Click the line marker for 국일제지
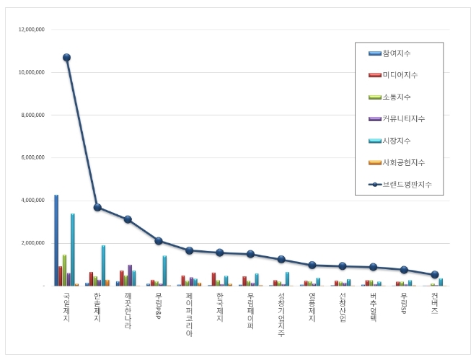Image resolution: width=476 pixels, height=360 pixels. [x=66, y=58]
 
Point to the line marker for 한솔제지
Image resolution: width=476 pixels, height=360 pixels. [x=97, y=208]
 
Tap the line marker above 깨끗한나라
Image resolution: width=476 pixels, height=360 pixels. [x=128, y=219]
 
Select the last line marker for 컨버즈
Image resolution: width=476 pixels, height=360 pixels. [x=435, y=275]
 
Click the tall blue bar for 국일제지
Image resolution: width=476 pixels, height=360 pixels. [x=56, y=240]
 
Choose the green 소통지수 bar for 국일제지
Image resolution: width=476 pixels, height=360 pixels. [x=64, y=270]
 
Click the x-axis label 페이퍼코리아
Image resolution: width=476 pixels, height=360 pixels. [x=189, y=313]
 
